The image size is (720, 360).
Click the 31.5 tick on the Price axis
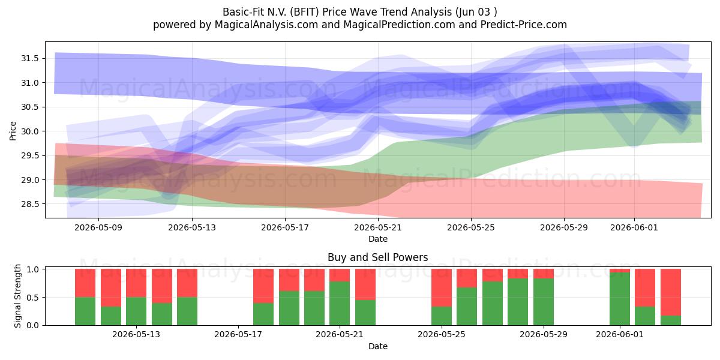coord(29,59)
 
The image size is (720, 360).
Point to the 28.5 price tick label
coord(29,204)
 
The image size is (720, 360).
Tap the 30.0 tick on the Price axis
coord(29,131)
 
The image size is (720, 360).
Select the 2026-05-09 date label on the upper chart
coord(98,227)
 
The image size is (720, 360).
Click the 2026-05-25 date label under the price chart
coord(471,227)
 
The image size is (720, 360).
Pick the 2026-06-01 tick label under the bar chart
coord(620,334)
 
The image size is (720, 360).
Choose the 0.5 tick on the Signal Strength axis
coord(32,298)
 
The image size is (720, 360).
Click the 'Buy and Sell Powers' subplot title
coord(377,257)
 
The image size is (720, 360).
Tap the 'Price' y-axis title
coord(13,131)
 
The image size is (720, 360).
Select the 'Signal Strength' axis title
coord(17,296)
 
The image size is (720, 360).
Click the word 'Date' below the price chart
coord(377,239)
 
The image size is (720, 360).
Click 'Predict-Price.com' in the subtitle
coord(524,25)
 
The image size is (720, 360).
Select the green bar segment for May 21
coord(340,304)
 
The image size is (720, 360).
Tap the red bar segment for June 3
coord(671,292)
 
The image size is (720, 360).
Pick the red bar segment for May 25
coord(442,287)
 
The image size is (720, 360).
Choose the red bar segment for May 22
coord(365,284)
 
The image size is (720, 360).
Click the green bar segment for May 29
coord(544,302)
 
